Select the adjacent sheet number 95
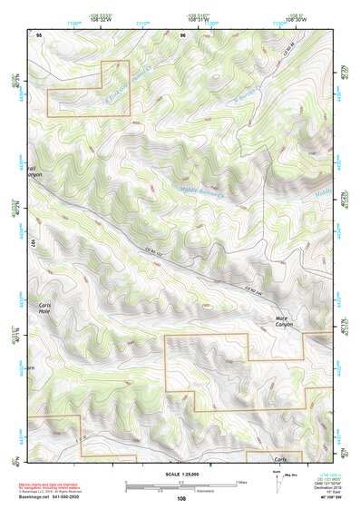(39, 34)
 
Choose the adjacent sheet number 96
(183, 34)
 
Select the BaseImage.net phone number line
(56, 497)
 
